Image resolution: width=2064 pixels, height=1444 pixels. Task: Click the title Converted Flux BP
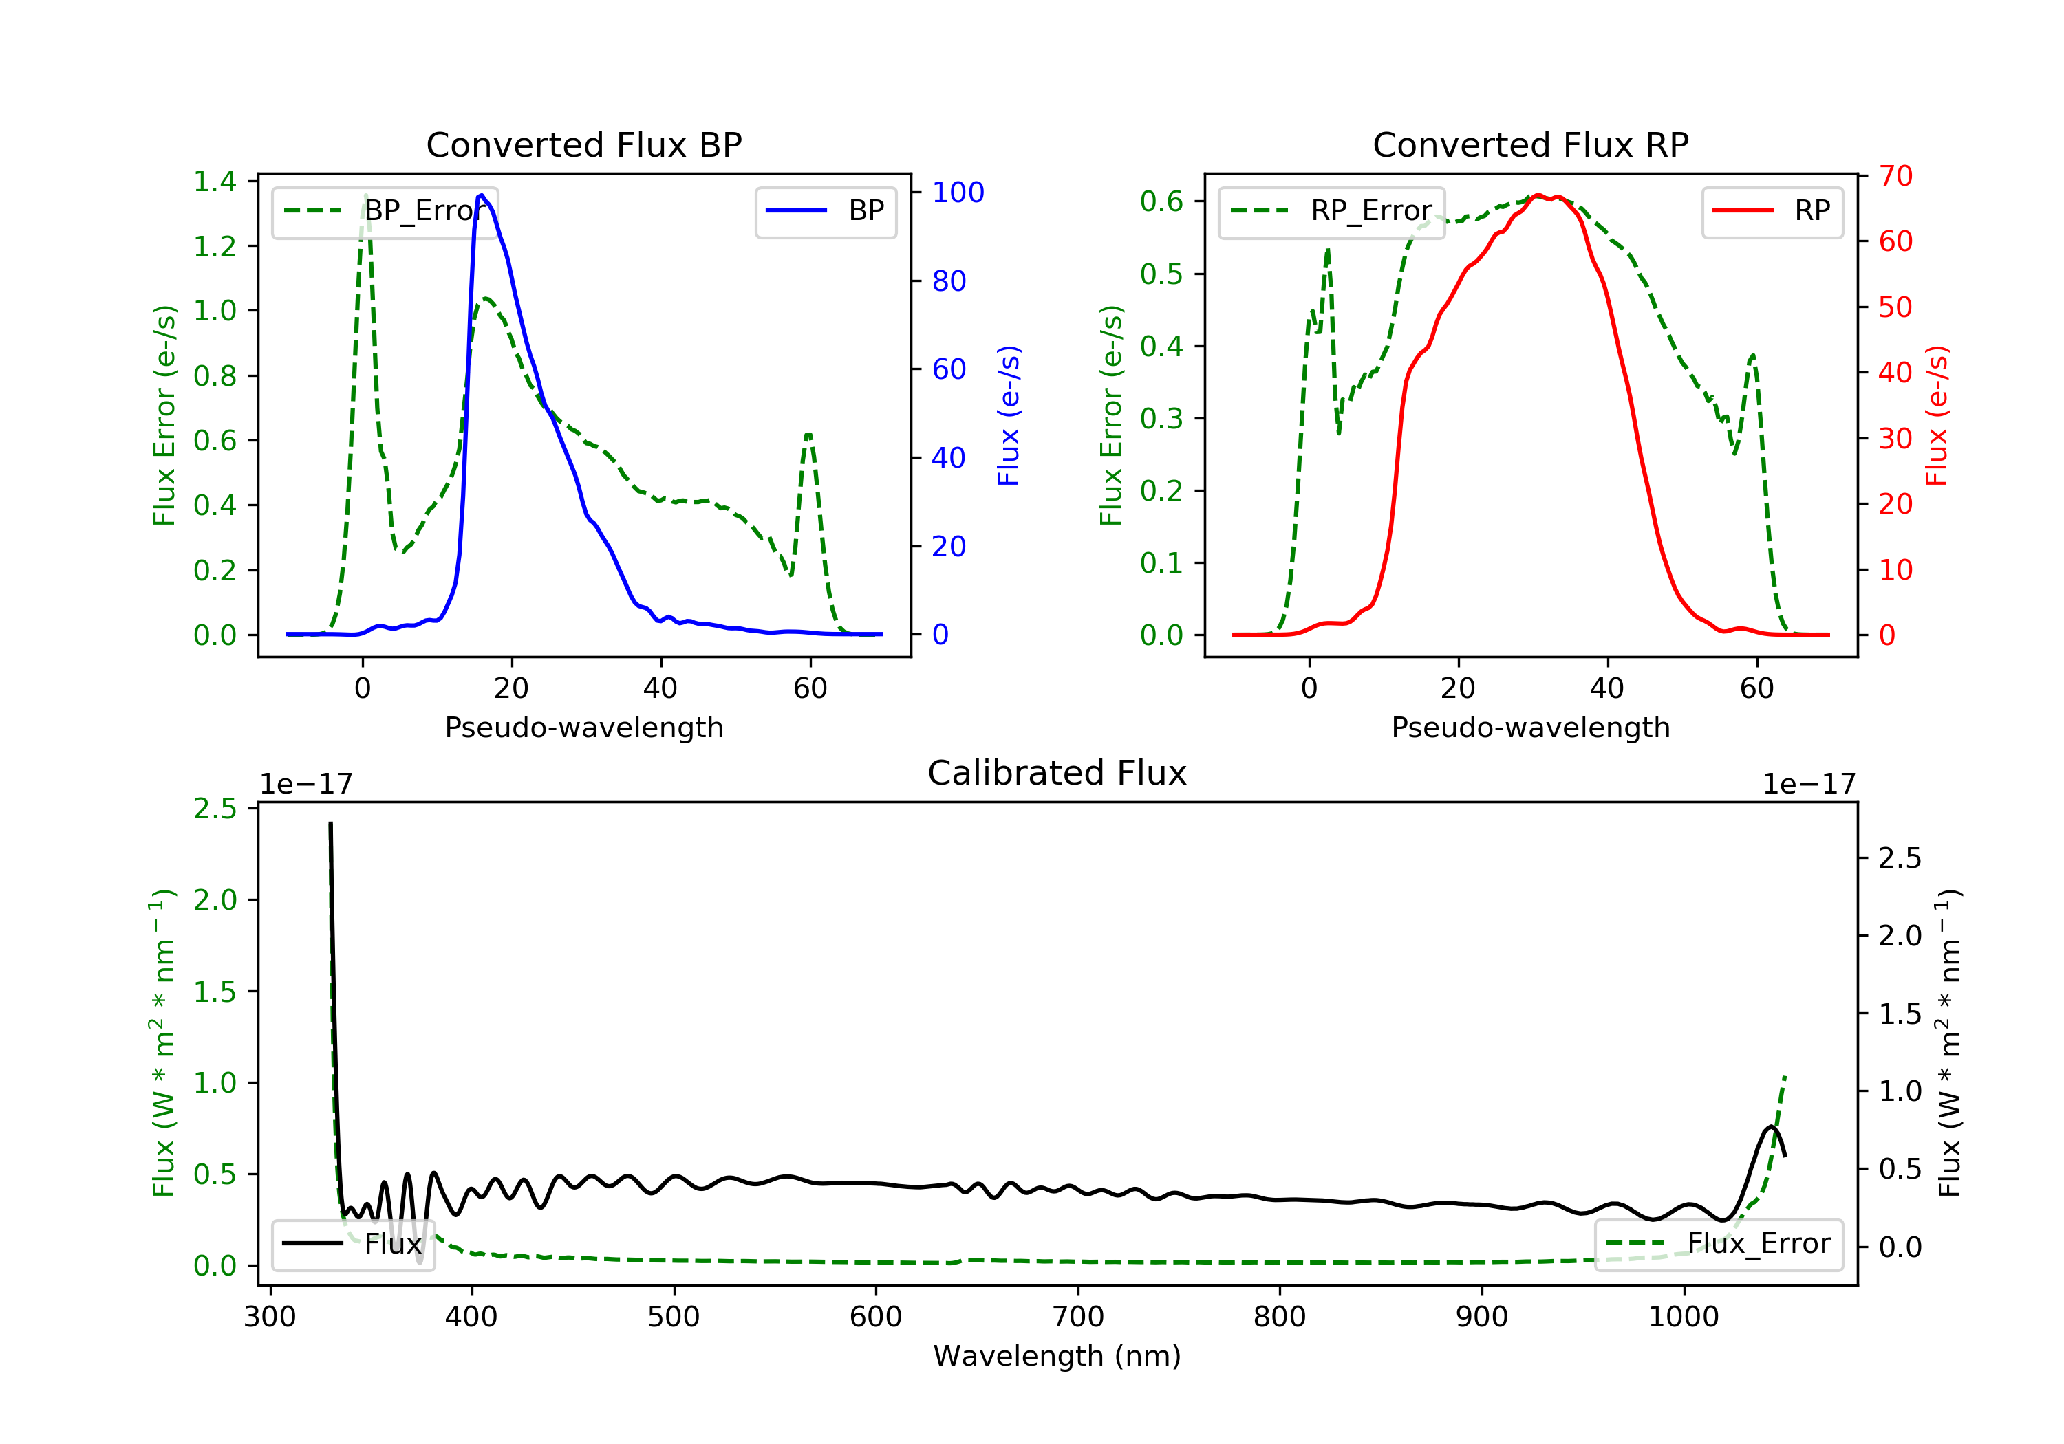click(583, 144)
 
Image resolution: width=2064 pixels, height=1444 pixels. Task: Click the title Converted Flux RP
click(1530, 144)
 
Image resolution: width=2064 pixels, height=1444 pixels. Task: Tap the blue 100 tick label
click(958, 193)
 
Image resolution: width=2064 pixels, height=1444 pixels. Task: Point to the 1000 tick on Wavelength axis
click(1683, 1317)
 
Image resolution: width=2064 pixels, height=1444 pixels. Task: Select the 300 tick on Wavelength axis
click(270, 1317)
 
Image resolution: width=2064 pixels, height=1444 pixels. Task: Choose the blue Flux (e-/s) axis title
click(1009, 416)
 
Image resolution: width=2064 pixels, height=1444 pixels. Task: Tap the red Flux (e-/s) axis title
click(1936, 416)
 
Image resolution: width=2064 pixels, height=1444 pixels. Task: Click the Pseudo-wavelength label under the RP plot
click(1530, 728)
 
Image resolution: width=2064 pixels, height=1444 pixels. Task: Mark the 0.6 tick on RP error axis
click(1161, 201)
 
